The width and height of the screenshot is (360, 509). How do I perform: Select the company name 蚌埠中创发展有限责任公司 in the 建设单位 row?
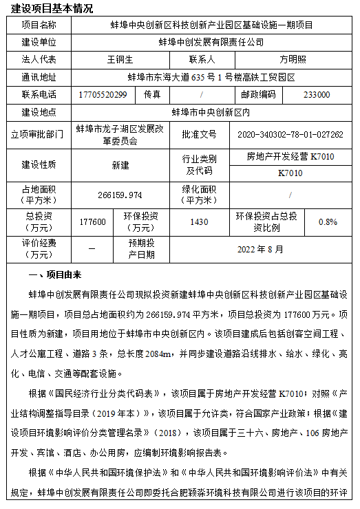211,42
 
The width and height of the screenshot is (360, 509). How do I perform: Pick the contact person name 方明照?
292,60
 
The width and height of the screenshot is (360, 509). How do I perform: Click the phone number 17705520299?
103,94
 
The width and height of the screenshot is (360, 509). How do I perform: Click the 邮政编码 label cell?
258,94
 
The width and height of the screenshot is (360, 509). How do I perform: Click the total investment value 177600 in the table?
93,221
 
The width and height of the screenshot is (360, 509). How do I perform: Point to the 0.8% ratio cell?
328,221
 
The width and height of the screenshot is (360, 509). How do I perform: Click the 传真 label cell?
153,94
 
